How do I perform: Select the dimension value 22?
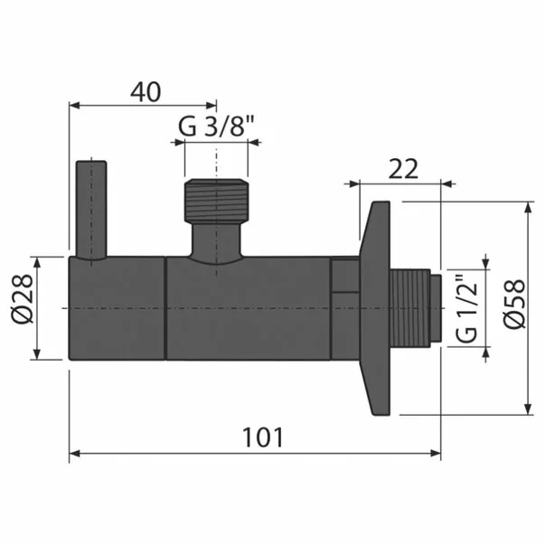click(x=403, y=168)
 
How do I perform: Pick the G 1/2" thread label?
click(x=466, y=308)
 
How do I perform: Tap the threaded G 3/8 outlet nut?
click(x=216, y=200)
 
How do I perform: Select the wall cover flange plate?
click(x=374, y=307)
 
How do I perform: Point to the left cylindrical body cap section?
click(x=117, y=308)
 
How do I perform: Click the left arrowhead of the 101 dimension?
click(x=76, y=453)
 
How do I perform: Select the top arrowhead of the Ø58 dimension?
click(x=528, y=208)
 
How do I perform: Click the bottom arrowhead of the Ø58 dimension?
click(x=528, y=410)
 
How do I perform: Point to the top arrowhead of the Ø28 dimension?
click(x=36, y=262)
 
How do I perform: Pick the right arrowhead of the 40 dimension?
click(x=211, y=105)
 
